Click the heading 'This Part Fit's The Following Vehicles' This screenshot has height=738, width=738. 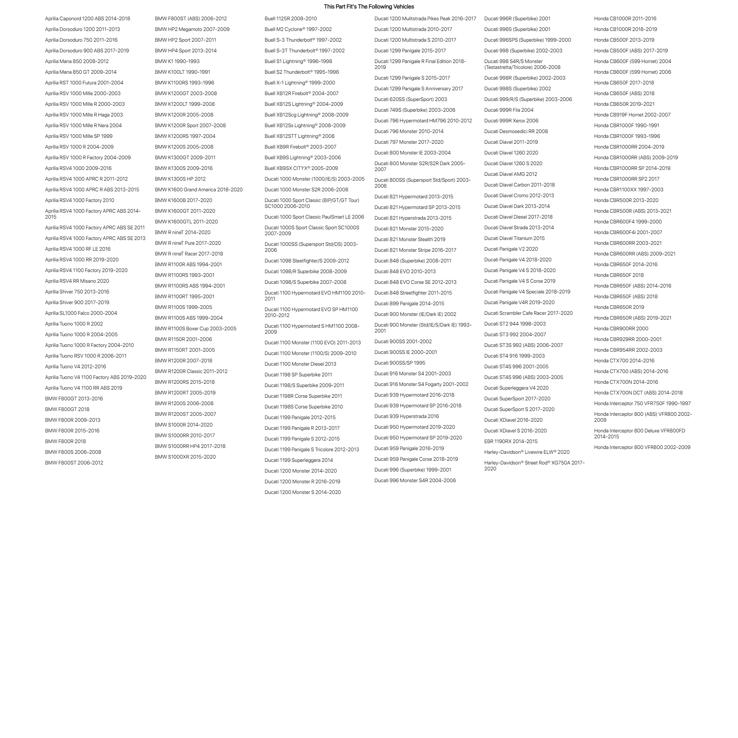(369, 7)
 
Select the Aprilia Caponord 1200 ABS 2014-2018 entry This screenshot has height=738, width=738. (87, 18)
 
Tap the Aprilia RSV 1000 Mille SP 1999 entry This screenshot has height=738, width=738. (79, 136)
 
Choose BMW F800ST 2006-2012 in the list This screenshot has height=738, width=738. (74, 463)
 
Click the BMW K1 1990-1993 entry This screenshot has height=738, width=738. (177, 61)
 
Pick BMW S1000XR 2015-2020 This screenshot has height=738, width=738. (185, 457)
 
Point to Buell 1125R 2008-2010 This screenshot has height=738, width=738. (291, 18)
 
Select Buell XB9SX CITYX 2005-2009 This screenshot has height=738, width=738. (301, 168)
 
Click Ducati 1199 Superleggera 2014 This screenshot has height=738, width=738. (299, 460)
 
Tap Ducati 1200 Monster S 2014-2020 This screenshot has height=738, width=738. (303, 492)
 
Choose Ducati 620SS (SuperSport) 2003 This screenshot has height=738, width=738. (411, 99)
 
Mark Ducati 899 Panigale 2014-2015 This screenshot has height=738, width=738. (409, 304)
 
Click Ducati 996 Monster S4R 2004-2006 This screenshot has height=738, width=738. (415, 481)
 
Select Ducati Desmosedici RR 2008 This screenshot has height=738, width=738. (516, 131)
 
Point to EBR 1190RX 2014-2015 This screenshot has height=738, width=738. (511, 442)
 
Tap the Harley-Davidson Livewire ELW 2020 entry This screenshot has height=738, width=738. (527, 452)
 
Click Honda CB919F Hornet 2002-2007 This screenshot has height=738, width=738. (632, 115)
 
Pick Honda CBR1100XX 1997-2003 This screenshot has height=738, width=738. (629, 189)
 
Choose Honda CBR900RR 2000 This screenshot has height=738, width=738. (621, 328)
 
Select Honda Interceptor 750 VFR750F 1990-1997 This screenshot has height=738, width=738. (642, 403)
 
